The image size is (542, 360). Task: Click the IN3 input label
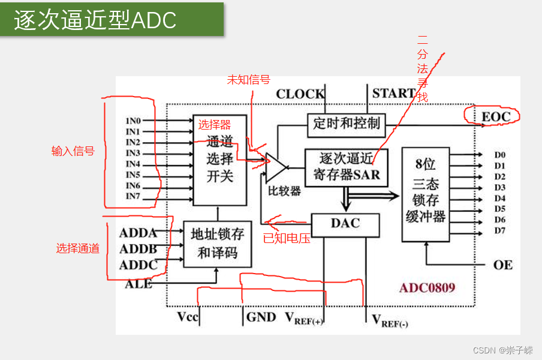133,153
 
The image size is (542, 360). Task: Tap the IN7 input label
133,196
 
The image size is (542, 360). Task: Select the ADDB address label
138,249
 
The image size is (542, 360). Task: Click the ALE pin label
138,284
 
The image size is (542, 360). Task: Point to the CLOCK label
300,94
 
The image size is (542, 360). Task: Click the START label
393,93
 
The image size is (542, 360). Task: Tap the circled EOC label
496,116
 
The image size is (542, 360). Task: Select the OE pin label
503,265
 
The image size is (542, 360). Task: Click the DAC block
345,224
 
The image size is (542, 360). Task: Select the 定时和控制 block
347,124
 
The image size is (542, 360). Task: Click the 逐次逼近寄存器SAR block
346,167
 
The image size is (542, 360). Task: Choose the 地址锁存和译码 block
217,243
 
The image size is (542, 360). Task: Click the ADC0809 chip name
427,287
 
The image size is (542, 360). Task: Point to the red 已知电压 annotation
287,238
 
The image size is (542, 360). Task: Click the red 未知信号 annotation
248,80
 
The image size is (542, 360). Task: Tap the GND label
261,317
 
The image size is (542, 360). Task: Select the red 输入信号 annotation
73,151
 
